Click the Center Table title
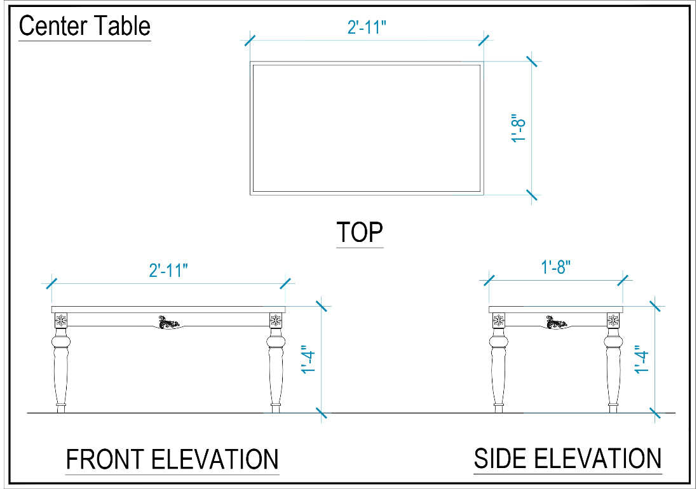tap(85, 26)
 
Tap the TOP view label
tap(360, 232)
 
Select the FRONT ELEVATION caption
tap(172, 460)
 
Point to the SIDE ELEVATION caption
tap(567, 459)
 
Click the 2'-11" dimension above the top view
tap(367, 27)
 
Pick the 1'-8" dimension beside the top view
tap(519, 128)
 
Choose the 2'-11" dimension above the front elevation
tap(168, 271)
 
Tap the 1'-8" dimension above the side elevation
tap(555, 267)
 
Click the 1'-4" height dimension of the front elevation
tap(308, 359)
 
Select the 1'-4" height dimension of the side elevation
tap(642, 359)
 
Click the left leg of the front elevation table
tap(61, 363)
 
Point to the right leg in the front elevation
tap(276, 363)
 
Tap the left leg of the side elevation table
tap(498, 363)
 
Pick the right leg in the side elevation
tap(613, 363)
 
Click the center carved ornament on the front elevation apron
tap(168, 322)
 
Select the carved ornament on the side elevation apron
tap(557, 322)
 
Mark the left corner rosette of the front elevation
tap(61, 320)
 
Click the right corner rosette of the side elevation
tap(613, 320)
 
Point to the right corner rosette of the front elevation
tap(276, 320)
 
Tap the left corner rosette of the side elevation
tap(498, 320)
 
